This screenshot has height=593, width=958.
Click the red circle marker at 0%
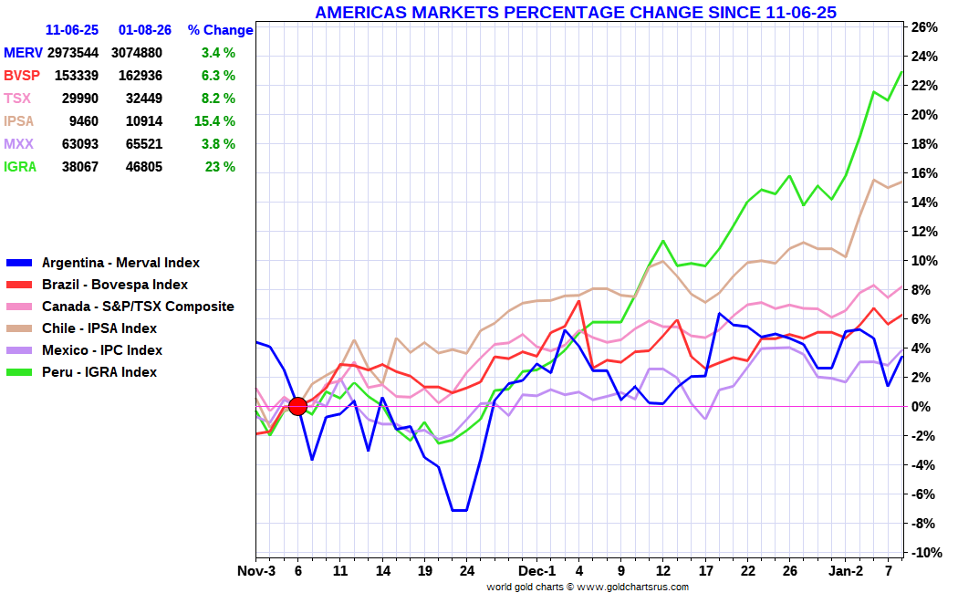[297, 406]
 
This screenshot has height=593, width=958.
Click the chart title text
[575, 12]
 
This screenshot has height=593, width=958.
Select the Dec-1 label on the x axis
[538, 571]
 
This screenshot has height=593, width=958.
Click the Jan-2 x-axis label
[845, 571]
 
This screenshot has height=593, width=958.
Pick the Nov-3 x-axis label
[256, 571]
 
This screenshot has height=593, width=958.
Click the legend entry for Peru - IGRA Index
[99, 372]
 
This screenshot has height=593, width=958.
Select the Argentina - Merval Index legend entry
[120, 263]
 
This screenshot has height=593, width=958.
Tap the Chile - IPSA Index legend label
[99, 328]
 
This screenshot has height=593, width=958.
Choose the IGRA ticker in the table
[20, 167]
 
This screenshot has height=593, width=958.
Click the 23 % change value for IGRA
[220, 167]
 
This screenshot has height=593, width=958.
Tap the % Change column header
[220, 30]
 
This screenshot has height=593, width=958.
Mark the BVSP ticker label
[22, 76]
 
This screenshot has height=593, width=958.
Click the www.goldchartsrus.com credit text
[631, 586]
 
